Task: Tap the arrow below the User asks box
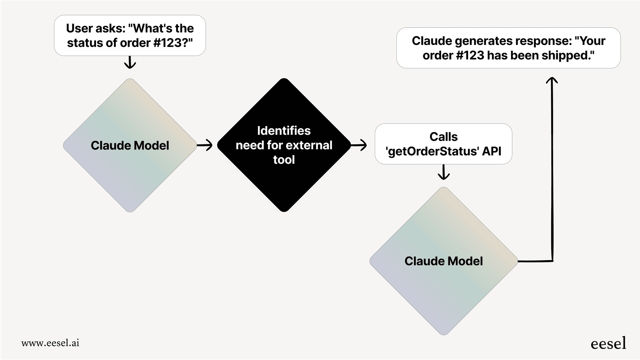(x=130, y=62)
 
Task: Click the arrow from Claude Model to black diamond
(x=205, y=145)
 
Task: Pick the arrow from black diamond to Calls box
(x=359, y=145)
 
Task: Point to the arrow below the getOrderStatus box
(x=443, y=172)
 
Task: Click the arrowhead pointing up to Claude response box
(x=552, y=81)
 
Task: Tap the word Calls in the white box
(x=443, y=137)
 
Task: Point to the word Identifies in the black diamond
(x=284, y=131)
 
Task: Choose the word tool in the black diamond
(x=284, y=160)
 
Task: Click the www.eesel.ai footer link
(x=50, y=343)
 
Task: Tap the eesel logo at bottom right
(x=608, y=343)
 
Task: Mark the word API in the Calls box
(x=492, y=152)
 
